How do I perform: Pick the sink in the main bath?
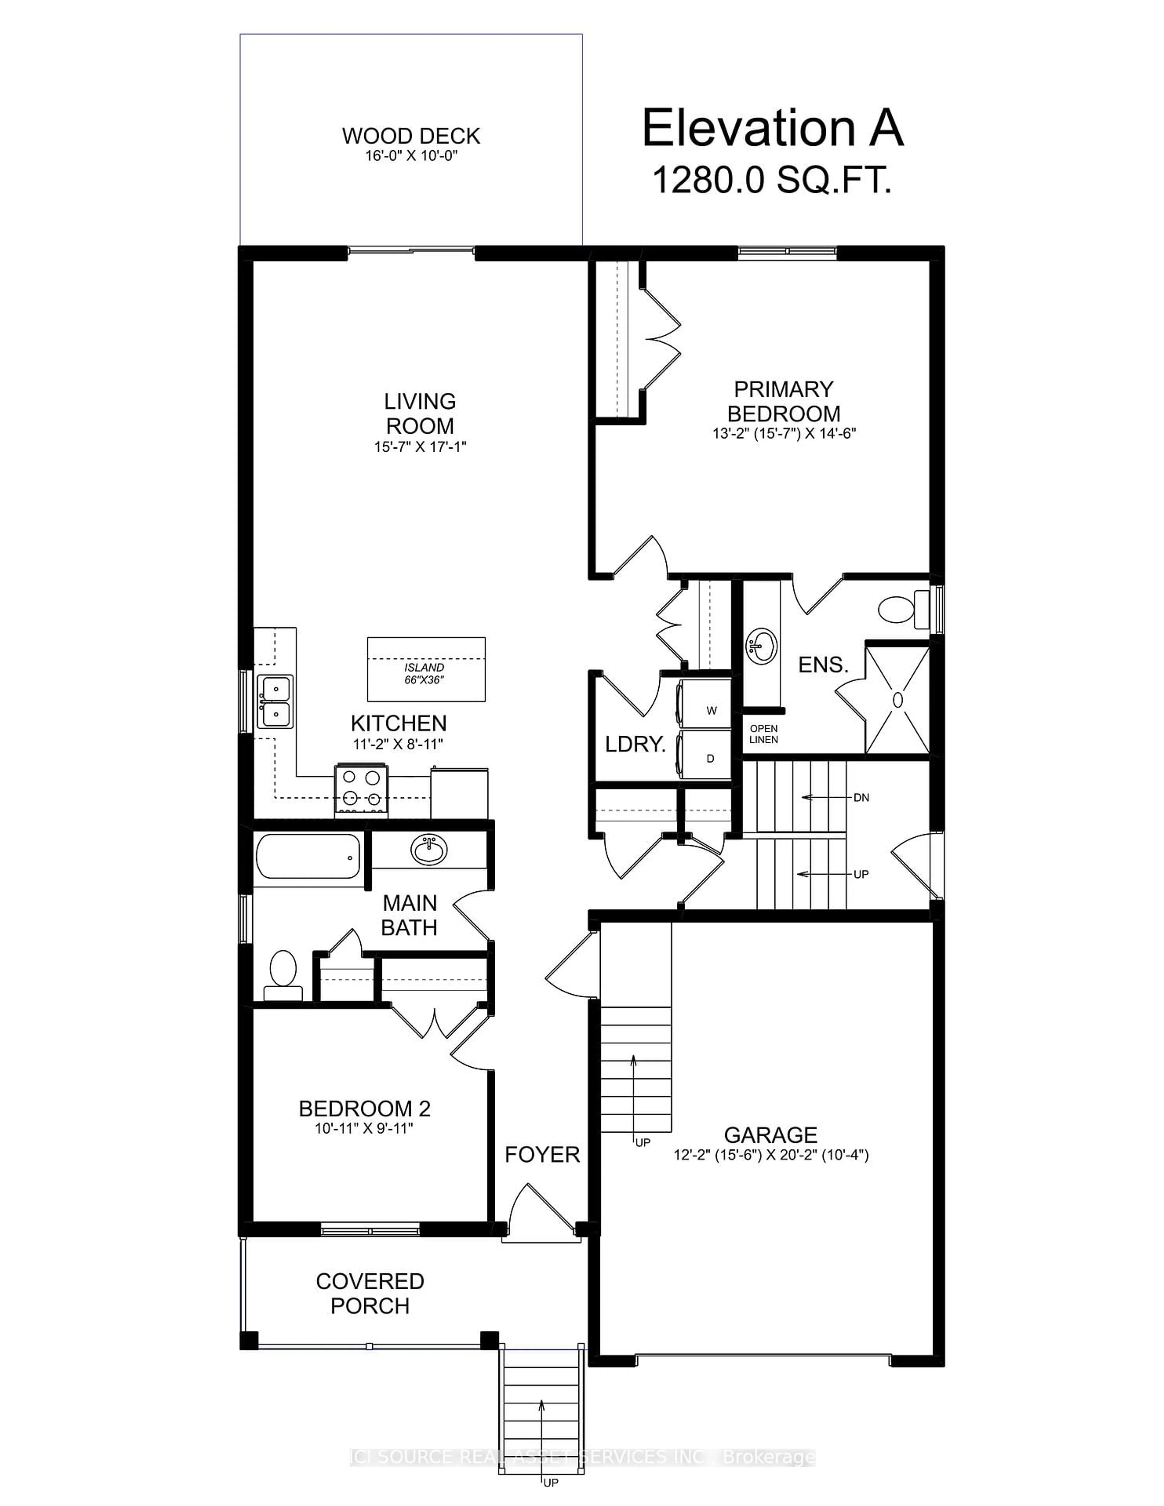[x=429, y=849]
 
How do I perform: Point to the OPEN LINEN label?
[x=763, y=734]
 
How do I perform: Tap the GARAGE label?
[x=770, y=1134]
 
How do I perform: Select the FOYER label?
[x=542, y=1154]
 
